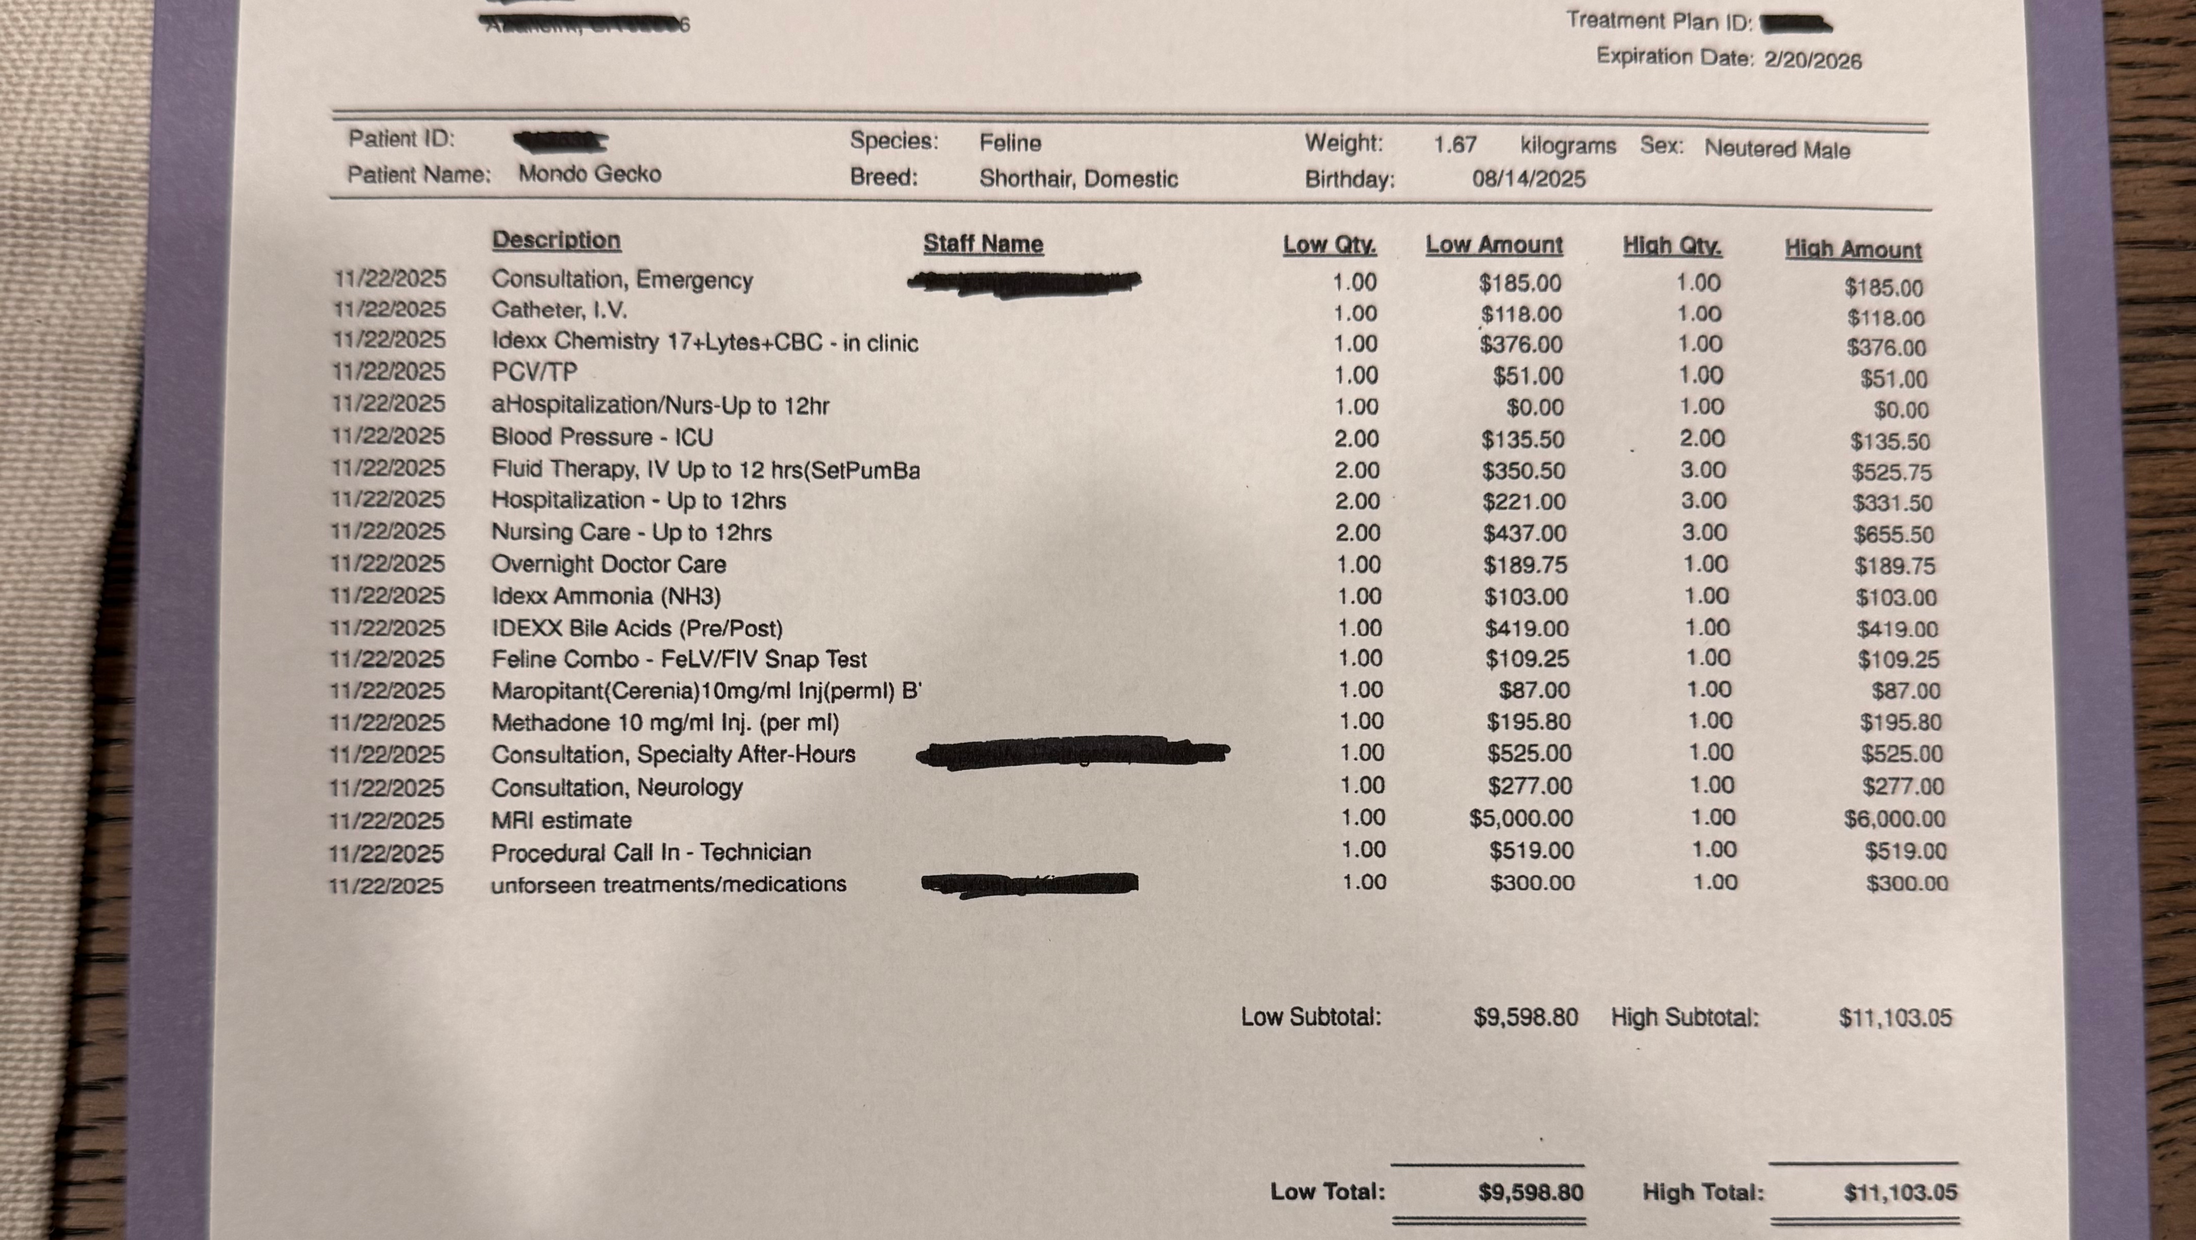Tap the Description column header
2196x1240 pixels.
[x=556, y=240]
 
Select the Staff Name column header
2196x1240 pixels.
[x=983, y=244]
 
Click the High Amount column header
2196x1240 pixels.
[x=1853, y=250]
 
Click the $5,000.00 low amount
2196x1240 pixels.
[x=1521, y=819]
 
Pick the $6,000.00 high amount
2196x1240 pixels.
[x=1894, y=819]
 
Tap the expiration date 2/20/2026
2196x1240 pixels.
[x=1813, y=59]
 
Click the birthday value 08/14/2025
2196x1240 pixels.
[x=1529, y=179]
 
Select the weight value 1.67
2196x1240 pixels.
[x=1454, y=145]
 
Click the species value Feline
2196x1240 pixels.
[x=1010, y=142]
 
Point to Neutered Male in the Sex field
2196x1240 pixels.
[x=1777, y=149]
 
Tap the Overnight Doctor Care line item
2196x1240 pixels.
[x=608, y=564]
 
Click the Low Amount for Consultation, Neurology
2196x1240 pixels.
[x=1530, y=786]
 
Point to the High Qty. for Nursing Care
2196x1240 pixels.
[x=1703, y=533]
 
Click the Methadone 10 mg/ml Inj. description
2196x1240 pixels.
[x=665, y=722]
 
